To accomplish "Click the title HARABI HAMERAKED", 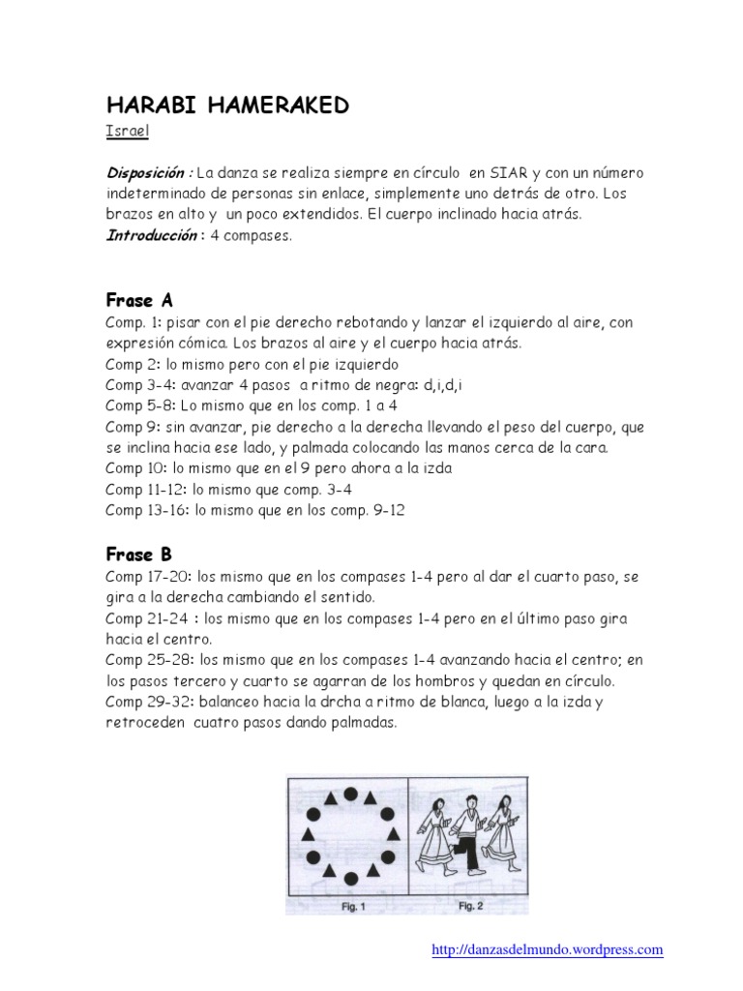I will [x=226, y=105].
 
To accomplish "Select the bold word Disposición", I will [x=148, y=173].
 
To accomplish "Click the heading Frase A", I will [x=138, y=299].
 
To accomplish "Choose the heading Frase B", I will [x=138, y=555].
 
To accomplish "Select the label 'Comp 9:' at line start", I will [x=132, y=427].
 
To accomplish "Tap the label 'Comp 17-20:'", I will [x=146, y=576].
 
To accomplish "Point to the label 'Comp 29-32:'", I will [x=147, y=704].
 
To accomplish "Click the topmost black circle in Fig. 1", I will [x=351, y=795].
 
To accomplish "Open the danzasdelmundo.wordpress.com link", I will [x=547, y=949].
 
